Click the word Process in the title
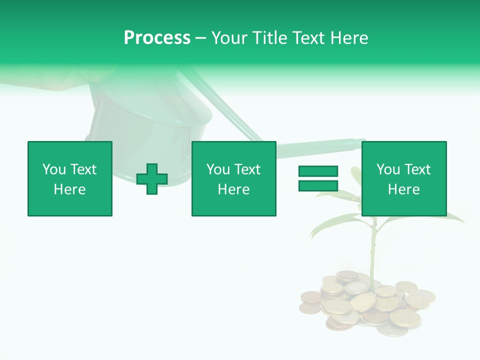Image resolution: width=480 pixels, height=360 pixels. [x=157, y=38]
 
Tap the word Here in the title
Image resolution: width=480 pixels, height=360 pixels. [x=348, y=38]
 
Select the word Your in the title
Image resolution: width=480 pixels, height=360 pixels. [x=229, y=38]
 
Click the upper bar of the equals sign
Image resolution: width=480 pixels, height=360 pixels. [x=318, y=171]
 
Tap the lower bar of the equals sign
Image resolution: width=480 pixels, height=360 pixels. [x=318, y=185]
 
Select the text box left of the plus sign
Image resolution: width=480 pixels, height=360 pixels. [x=70, y=178]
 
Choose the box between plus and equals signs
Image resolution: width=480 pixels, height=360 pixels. [x=233, y=178]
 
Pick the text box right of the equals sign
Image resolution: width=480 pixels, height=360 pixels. [x=403, y=178]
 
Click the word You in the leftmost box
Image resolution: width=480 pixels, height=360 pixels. [x=54, y=169]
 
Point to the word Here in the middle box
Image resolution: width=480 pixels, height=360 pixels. [x=233, y=189]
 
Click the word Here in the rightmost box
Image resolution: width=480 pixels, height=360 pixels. [x=403, y=189]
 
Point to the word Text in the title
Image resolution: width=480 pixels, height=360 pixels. [x=306, y=38]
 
